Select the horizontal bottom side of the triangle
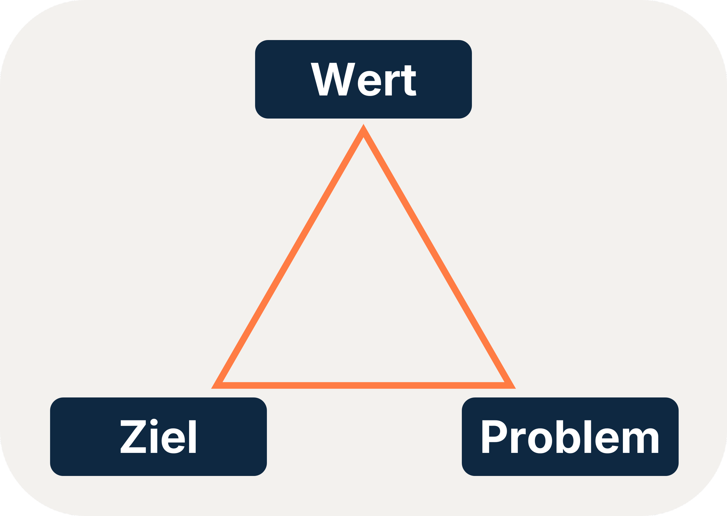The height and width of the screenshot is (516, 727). click(363, 386)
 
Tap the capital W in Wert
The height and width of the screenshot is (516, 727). click(333, 79)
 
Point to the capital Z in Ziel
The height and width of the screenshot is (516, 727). click(133, 437)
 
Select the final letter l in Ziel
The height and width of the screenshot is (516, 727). click(192, 437)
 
